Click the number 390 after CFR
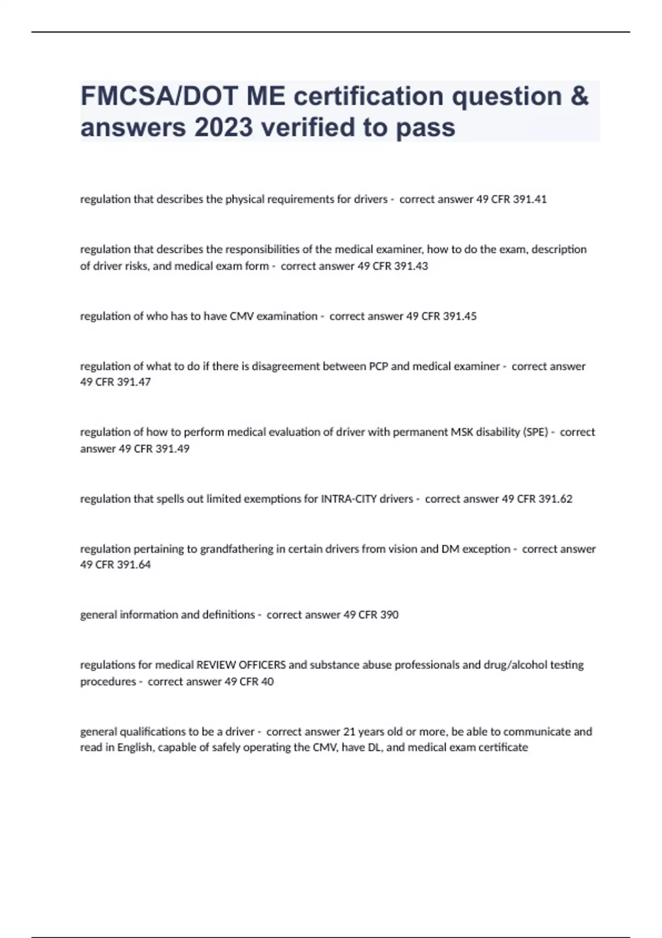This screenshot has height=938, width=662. point(389,615)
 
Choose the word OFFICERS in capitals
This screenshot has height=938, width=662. point(263,665)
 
